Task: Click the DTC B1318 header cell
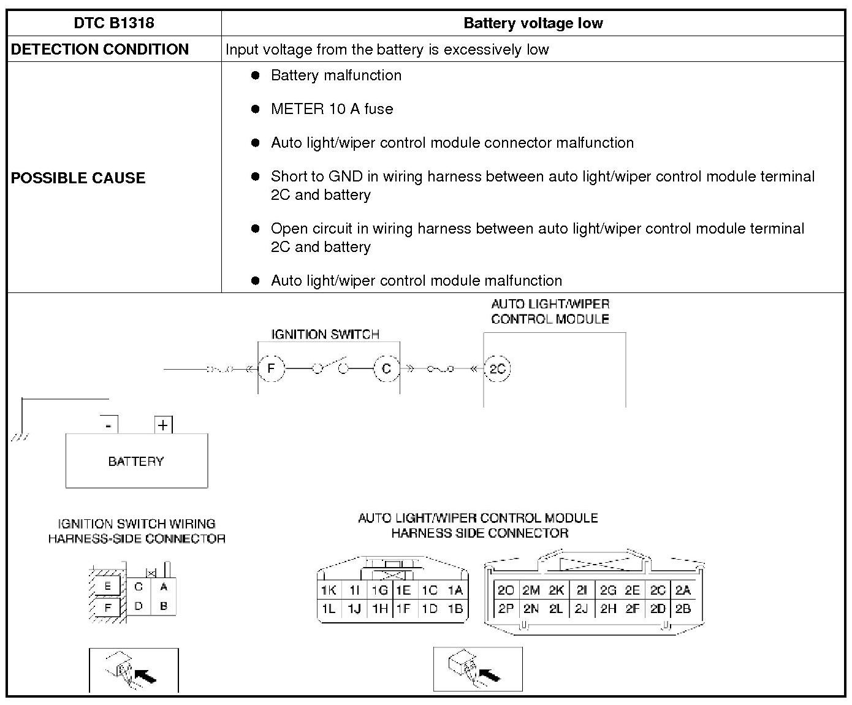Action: [114, 23]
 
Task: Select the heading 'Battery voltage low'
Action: [533, 23]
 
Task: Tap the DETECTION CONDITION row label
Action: [100, 50]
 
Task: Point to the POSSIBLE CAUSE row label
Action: [78, 178]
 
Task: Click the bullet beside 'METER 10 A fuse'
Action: [256, 109]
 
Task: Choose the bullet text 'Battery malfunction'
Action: [336, 75]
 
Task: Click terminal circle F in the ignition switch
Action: [270, 368]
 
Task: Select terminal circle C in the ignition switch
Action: [386, 368]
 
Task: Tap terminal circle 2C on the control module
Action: [497, 368]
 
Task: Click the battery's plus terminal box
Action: [163, 425]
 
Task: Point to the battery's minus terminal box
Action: [108, 425]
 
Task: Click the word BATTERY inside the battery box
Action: [136, 461]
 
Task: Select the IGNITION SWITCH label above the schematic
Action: [325, 334]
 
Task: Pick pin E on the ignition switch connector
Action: [108, 586]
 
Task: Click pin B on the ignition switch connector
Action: [164, 606]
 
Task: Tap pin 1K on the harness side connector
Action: [329, 590]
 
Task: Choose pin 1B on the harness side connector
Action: [455, 609]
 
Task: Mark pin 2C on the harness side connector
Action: [658, 590]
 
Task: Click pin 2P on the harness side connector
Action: [506, 609]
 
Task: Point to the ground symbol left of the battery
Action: [18, 437]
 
